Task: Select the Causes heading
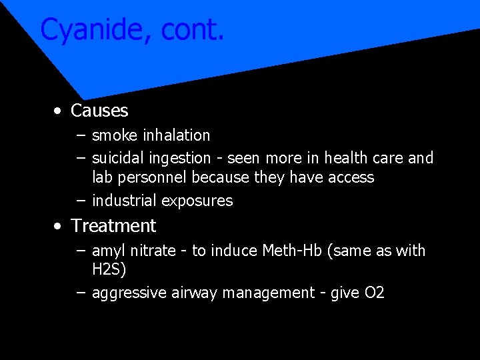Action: coord(99,111)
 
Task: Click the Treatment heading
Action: coord(113,226)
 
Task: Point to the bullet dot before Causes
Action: coord(59,111)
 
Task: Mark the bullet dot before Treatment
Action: coord(59,226)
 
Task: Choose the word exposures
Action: coord(198,201)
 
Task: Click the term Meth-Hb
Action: coord(291,251)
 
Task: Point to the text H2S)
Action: coord(109,270)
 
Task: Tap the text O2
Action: coord(375,293)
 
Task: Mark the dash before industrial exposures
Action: coord(81,201)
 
